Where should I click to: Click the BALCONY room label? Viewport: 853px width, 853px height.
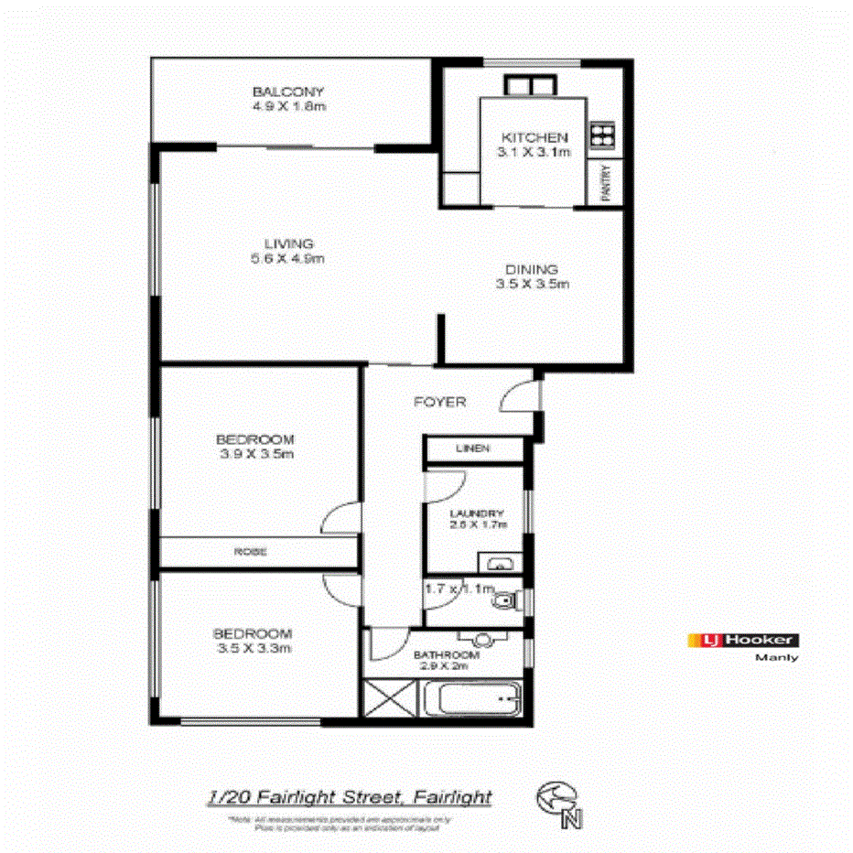tap(288, 92)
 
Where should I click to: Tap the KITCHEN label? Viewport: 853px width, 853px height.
tap(534, 137)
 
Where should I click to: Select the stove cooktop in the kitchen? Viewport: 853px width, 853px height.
tap(601, 135)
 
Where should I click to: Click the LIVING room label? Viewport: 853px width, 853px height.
tap(289, 243)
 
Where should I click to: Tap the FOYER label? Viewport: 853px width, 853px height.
tap(440, 402)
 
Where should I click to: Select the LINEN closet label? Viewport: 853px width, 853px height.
tap(472, 448)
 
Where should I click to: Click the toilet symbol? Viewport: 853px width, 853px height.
tap(505, 601)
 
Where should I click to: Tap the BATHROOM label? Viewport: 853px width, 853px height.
tap(447, 655)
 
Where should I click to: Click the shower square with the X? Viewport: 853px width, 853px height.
tap(391, 702)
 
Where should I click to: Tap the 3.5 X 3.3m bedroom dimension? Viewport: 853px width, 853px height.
tap(253, 649)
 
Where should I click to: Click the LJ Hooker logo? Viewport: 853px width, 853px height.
tap(742, 641)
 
